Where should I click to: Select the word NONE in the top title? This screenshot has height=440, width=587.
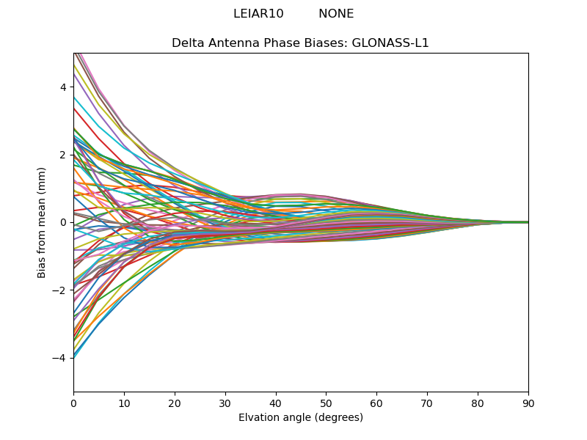click(x=336, y=14)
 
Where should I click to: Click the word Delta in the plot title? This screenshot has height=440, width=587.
click(x=187, y=43)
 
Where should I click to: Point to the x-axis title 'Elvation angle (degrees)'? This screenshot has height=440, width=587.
click(x=301, y=417)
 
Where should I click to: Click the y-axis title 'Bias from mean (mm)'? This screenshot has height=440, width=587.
click(x=43, y=222)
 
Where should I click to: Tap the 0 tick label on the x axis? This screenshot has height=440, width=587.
click(x=73, y=403)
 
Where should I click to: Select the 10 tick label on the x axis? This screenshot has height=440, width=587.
click(x=124, y=403)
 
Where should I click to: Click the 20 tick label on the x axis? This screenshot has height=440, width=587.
click(x=175, y=403)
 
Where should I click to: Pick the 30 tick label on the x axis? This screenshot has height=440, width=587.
click(x=225, y=403)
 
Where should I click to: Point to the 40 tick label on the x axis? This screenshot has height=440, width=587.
click(x=276, y=403)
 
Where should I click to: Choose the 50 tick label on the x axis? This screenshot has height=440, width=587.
click(x=326, y=403)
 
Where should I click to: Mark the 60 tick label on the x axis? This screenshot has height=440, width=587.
click(x=376, y=403)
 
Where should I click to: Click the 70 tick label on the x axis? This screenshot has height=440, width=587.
click(x=427, y=403)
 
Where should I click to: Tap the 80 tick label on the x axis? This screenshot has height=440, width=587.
click(x=478, y=403)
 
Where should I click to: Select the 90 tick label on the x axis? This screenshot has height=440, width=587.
click(x=528, y=403)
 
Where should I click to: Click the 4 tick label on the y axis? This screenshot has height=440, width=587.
click(x=63, y=87)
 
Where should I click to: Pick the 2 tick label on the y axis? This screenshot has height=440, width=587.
click(x=63, y=155)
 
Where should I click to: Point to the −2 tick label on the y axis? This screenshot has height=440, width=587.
click(x=60, y=290)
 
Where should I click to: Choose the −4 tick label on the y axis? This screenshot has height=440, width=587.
click(x=60, y=358)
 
